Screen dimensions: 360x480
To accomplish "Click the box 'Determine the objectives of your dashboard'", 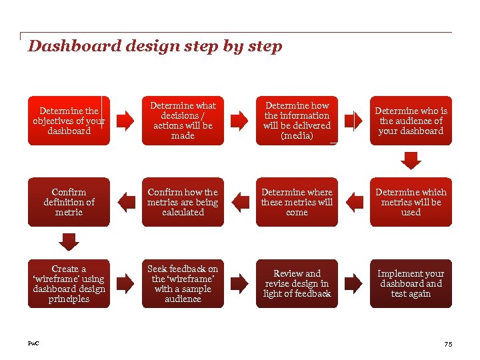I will pos(69,121).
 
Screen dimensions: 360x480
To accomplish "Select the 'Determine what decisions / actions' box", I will pos(183,121).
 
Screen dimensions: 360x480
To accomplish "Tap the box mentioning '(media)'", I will pos(297,121).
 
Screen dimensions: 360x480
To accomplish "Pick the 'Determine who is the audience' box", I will pos(411,121).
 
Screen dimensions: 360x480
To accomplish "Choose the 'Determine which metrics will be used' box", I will pos(411,202).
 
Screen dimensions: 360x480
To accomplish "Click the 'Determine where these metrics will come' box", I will pos(297,202).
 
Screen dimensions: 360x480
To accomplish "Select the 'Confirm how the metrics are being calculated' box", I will pos(183,202).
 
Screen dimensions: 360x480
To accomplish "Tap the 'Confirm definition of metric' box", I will pos(69,202).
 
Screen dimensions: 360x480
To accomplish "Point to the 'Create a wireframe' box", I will pos(69,284).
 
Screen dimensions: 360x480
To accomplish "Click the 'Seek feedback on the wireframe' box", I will pos(183,284).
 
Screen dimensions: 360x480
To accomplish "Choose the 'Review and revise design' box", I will pos(297,284).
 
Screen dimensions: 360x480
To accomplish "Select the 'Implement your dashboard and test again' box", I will pos(411,284).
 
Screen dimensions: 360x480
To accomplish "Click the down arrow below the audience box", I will pos(411,161).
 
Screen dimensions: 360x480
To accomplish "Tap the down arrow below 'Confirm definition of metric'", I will pos(69,241).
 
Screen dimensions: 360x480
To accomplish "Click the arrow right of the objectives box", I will pos(125,121).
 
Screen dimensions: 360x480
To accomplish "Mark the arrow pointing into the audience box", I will pos(353,121).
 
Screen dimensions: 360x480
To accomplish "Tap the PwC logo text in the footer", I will pos(33,343).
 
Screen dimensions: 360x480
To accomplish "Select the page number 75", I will pos(447,344).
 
